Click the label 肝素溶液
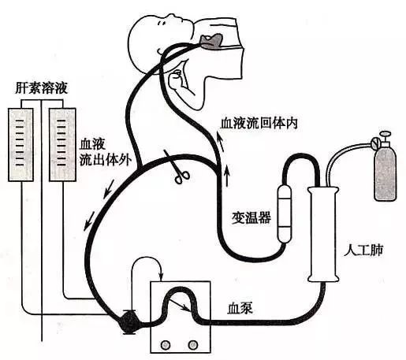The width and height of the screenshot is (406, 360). (x=42, y=88)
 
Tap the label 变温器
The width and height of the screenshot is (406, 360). (x=251, y=217)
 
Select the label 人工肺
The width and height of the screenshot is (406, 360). (x=363, y=251)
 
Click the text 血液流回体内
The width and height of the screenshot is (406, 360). (x=259, y=124)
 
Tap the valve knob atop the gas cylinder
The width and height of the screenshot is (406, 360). (x=386, y=135)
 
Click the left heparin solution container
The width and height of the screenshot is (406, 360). (x=21, y=145)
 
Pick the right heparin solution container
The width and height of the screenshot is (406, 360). (x=62, y=145)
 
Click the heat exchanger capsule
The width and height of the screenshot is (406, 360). (x=285, y=214)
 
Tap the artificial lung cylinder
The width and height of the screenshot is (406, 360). (x=323, y=234)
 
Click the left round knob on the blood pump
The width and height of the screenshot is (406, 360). (x=166, y=344)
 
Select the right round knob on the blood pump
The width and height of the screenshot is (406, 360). (x=193, y=344)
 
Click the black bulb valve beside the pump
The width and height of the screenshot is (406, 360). (x=129, y=322)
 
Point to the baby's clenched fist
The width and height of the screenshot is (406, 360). (x=175, y=79)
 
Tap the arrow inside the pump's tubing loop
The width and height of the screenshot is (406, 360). (x=179, y=305)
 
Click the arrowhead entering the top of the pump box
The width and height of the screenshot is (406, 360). (x=161, y=277)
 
